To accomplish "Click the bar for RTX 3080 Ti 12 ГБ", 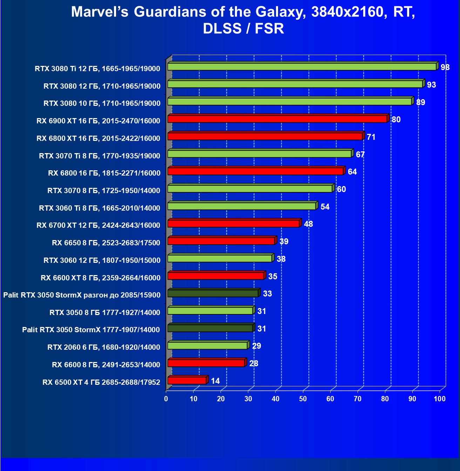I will coord(302,67).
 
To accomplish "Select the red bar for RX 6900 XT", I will coord(277,119).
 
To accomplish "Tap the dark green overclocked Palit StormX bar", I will coord(213,293).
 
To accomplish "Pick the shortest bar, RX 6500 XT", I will coord(187,381).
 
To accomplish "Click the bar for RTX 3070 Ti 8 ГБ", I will coord(259,154).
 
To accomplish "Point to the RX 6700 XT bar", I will coord(233,224).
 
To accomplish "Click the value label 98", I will coord(445,67).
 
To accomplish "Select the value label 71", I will coord(371,137).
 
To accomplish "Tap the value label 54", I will coord(325,207).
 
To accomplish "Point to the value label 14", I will coord(215,381).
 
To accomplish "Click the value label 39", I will coord(284,241).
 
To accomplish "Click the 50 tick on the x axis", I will coord(303,399).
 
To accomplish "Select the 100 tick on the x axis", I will coord(439,399).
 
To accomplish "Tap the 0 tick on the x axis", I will coord(166,399).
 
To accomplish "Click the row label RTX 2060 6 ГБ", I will coord(103,347).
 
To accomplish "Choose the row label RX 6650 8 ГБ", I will coord(106,243).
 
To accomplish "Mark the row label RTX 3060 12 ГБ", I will coord(102,260).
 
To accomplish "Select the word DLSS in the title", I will coord(222,29).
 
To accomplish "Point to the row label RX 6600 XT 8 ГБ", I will coord(100,278).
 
